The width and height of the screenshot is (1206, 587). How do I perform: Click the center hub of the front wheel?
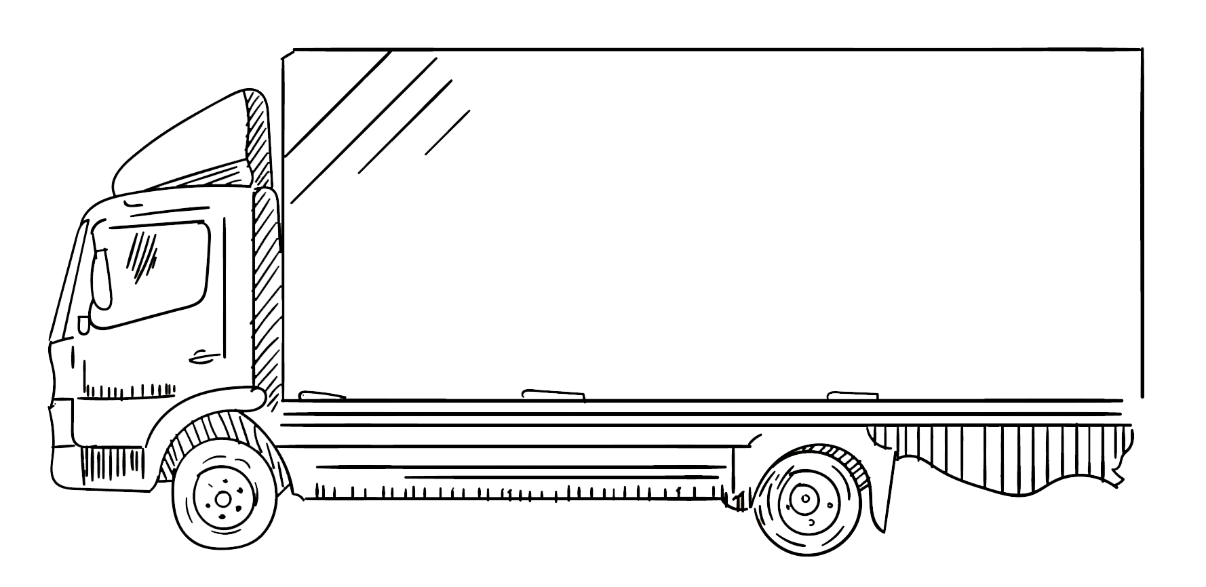pyautogui.click(x=222, y=500)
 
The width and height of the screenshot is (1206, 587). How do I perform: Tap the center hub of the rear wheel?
pyautogui.click(x=805, y=500)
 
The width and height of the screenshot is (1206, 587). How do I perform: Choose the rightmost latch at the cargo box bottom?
pyautogui.click(x=853, y=394)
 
